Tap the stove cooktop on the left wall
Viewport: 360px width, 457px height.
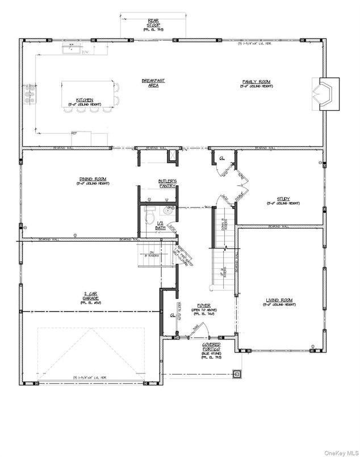coord(28,94)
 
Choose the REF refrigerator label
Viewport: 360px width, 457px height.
coord(74,133)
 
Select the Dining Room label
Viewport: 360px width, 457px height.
coord(92,180)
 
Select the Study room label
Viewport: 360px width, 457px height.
coord(283,200)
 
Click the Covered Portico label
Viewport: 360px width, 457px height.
coord(211,346)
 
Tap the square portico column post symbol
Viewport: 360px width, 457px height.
coord(236,373)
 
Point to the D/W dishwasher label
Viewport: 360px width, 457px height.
coord(85,52)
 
